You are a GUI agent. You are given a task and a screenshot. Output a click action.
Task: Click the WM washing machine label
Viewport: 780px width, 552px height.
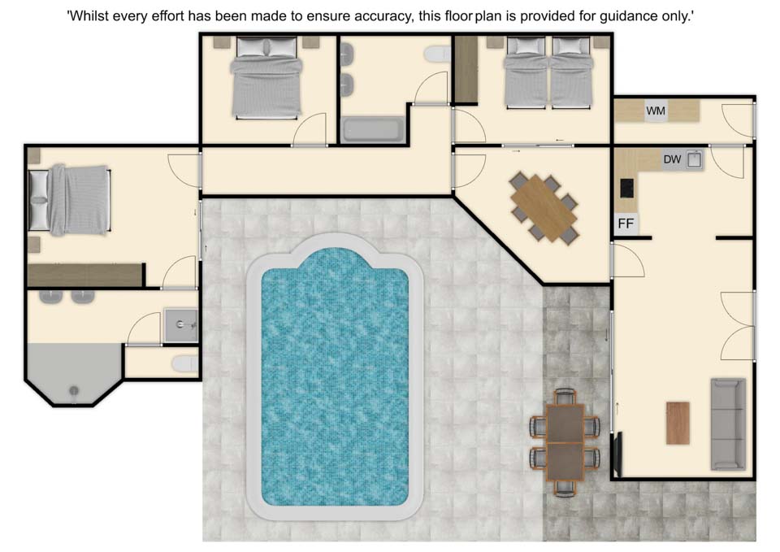click(x=655, y=111)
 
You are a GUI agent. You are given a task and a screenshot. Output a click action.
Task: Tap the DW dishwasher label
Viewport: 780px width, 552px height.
click(x=672, y=160)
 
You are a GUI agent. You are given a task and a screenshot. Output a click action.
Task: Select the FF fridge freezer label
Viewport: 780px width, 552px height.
click(x=626, y=224)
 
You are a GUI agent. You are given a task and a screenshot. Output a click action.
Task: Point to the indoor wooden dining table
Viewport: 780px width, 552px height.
click(x=544, y=207)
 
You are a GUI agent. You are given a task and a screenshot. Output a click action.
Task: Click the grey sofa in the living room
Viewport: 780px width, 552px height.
click(x=728, y=424)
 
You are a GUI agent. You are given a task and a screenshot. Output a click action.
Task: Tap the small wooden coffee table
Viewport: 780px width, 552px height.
click(x=678, y=423)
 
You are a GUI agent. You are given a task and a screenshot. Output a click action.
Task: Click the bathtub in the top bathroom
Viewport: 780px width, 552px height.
click(x=371, y=129)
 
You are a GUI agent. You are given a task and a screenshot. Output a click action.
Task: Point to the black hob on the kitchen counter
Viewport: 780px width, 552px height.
click(x=626, y=188)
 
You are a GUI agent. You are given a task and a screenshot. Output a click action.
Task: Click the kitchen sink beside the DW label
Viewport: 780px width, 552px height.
click(x=694, y=160)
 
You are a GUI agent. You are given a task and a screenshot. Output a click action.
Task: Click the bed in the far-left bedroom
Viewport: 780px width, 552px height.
click(x=69, y=200)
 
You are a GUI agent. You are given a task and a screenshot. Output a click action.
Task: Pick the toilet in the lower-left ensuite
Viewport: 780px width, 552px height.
click(x=184, y=364)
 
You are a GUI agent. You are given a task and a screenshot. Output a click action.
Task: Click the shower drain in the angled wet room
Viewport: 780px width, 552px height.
click(x=74, y=390)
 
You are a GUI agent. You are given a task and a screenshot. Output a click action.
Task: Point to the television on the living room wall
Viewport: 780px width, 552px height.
click(x=618, y=454)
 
